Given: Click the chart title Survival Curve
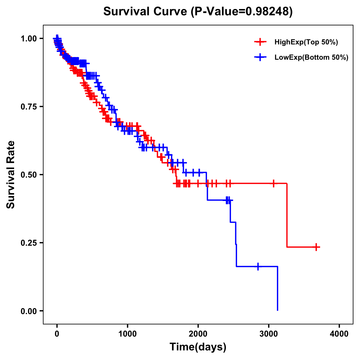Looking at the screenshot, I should point(146,11).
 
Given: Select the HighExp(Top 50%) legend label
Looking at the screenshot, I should point(306,42).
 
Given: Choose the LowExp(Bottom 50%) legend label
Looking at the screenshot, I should point(311,58).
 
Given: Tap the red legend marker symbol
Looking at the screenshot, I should point(260,42).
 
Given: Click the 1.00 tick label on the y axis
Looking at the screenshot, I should point(28,38).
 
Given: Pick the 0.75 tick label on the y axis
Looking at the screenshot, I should point(28,106).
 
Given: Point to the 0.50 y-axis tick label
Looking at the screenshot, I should point(28,175).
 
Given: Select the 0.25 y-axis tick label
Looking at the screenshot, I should point(28,243).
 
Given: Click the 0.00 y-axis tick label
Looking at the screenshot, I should point(28,311).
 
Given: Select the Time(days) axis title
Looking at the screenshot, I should point(198,347).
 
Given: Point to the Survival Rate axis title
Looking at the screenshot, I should point(11,175).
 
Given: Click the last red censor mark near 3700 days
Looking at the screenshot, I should point(316,247).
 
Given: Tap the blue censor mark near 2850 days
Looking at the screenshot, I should point(258,266).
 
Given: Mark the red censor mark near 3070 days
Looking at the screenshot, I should point(274,183).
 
